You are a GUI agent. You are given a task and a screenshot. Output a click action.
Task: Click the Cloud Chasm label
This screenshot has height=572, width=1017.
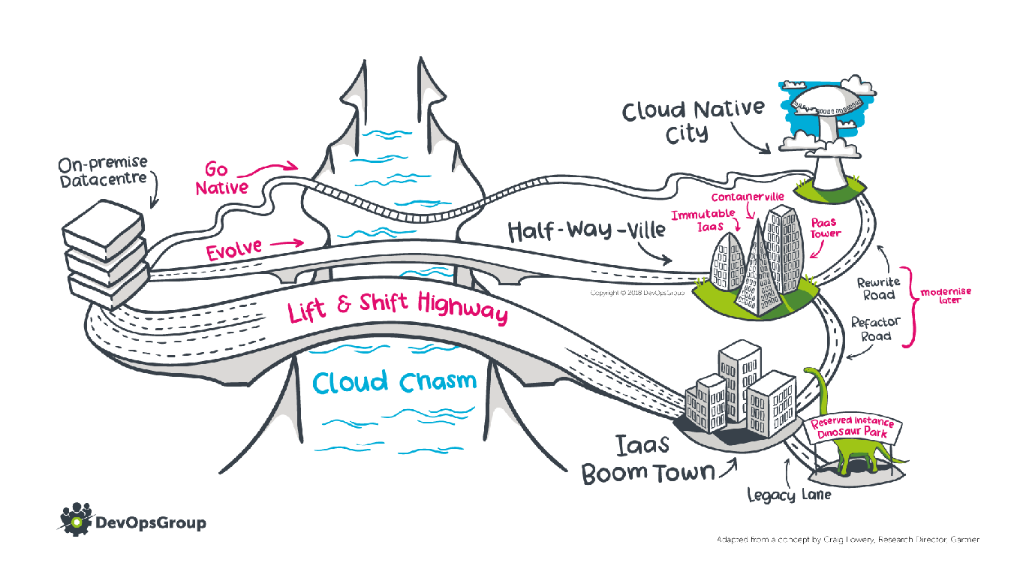point(395,382)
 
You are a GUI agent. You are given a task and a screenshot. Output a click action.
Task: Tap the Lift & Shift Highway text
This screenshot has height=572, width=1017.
point(399,307)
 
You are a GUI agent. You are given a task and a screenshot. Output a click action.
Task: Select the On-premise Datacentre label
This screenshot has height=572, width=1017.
point(103,172)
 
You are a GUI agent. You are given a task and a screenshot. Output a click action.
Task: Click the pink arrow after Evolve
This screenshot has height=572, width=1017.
point(287,243)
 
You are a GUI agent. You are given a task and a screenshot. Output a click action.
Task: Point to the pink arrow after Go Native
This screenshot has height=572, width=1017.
point(268,169)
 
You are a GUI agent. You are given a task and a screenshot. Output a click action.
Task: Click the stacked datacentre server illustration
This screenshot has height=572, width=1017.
point(105,254)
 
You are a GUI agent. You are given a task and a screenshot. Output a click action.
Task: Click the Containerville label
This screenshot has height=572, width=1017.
point(748,197)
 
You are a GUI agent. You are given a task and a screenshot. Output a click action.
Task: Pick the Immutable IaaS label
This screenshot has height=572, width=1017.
point(703,220)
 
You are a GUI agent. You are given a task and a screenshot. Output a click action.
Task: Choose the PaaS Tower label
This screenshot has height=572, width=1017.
point(826,228)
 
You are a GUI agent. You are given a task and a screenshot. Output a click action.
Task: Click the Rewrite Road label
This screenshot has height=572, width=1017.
point(879,289)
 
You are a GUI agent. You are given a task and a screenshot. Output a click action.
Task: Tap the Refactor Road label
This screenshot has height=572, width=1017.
point(875,329)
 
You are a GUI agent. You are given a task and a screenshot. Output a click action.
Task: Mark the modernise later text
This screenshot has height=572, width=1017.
point(946,295)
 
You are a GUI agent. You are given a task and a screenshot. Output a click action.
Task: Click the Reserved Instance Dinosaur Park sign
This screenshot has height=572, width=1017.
point(852,429)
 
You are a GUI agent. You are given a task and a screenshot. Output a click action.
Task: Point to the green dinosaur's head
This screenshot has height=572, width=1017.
point(811,371)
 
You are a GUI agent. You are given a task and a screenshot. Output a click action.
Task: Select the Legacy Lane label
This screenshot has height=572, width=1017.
point(789,495)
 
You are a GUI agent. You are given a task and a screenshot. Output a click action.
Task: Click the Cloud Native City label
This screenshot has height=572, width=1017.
point(693,121)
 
